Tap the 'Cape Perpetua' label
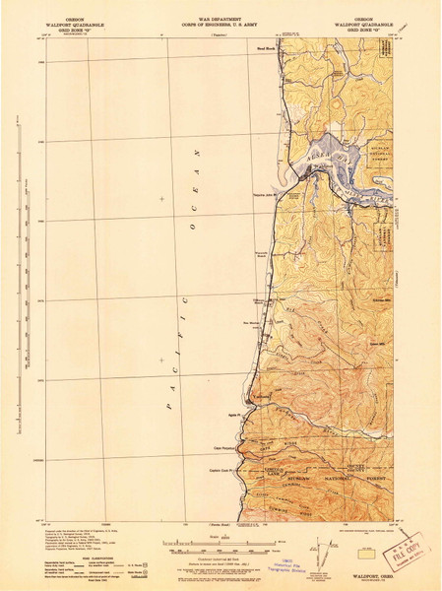252,442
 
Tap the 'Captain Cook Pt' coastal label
253,459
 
